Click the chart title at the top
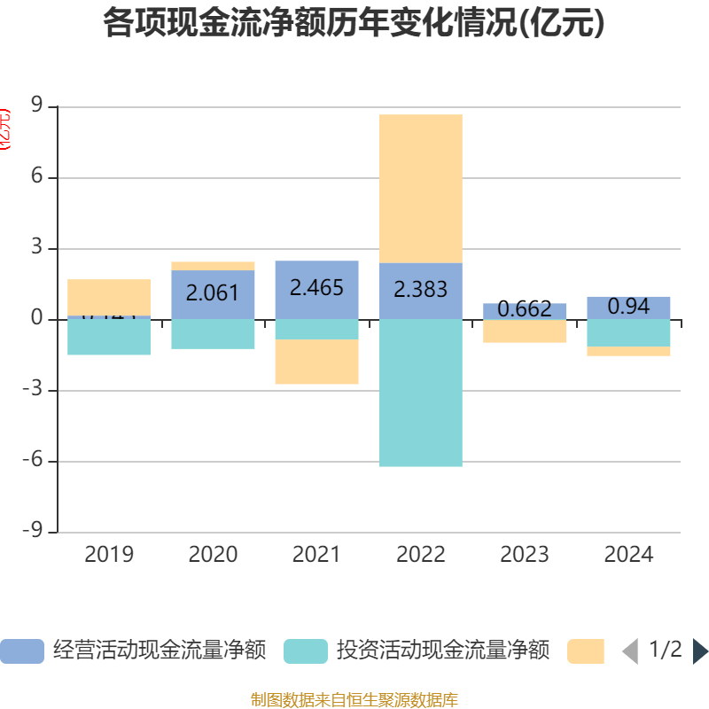[354, 23]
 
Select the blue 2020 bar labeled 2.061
[213, 293]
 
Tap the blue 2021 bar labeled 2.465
[316, 289]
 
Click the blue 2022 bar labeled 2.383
[420, 291]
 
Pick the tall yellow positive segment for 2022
[420, 188]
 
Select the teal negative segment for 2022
[420, 393]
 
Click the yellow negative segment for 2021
[316, 362]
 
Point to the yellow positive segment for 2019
[109, 296]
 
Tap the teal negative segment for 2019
[109, 338]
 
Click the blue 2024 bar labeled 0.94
[628, 307]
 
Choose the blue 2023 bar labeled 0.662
[525, 310]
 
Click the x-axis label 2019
[109, 555]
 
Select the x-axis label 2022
[420, 555]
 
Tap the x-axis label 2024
[628, 555]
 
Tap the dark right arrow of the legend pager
[700, 651]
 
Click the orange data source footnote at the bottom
[354, 700]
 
